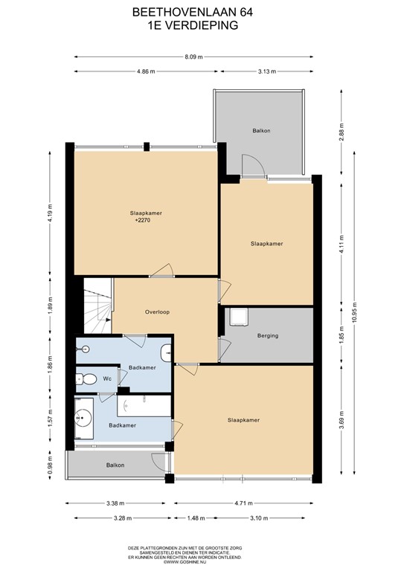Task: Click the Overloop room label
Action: [157, 312]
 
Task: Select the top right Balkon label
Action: [261, 131]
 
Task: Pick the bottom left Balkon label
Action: [115, 465]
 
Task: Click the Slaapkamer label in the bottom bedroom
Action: [243, 421]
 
